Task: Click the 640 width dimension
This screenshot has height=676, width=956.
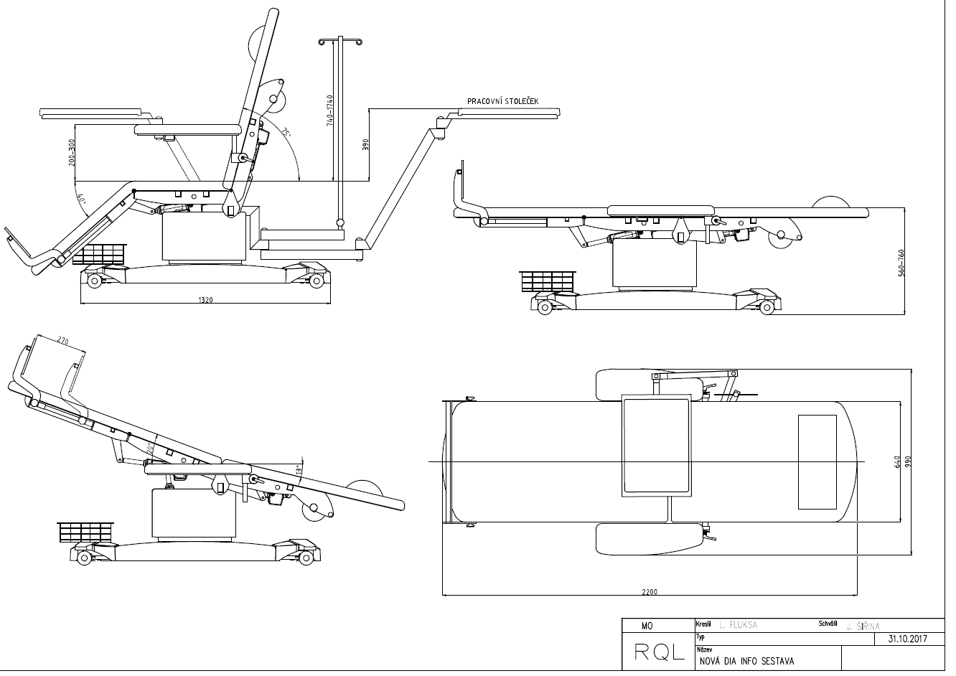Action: coord(896,461)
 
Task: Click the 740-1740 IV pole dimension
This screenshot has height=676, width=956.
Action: coord(329,110)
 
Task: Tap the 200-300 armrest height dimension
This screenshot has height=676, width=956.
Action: coord(72,152)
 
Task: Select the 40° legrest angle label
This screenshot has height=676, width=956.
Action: coord(82,202)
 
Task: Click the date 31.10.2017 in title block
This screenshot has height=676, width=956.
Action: coord(908,638)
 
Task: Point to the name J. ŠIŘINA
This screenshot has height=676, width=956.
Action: coord(863,626)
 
